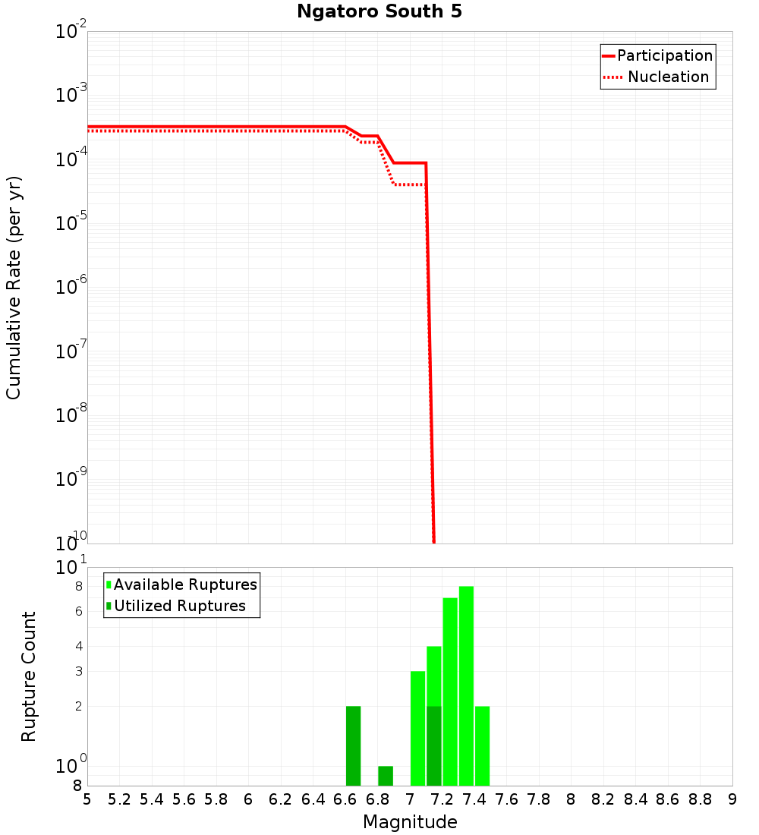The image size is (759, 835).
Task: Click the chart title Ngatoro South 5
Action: coord(379,12)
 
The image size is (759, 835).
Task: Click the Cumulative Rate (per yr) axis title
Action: coord(14,288)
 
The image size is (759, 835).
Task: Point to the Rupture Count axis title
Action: coord(29,676)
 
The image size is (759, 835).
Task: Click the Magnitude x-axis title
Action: coord(410,822)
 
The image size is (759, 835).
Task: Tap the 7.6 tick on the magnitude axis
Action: coord(506,799)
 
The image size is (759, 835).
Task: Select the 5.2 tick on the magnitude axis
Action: coord(119,799)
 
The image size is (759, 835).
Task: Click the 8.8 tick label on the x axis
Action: coord(700,799)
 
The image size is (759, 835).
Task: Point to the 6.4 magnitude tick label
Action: coord(313,799)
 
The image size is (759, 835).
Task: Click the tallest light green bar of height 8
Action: coord(466,683)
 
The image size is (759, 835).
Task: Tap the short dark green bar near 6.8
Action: coord(386,776)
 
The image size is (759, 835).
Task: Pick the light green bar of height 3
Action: coord(417,729)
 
